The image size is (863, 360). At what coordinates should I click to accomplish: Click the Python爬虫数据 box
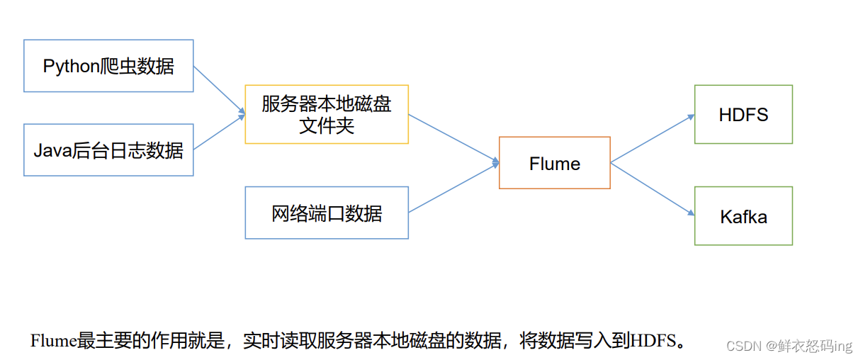(108, 66)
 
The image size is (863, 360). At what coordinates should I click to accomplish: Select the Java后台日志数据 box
(108, 150)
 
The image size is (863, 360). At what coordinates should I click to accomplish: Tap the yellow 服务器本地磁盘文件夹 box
(327, 114)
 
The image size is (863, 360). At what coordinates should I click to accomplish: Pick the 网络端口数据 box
(327, 213)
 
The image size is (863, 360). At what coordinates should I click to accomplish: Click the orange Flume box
(554, 163)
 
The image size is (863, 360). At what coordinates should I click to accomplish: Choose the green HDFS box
(743, 114)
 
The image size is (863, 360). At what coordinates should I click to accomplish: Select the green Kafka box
(743, 216)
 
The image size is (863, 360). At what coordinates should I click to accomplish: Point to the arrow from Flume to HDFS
(652, 138)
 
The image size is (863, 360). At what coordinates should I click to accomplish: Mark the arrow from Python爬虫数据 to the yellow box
(218, 89)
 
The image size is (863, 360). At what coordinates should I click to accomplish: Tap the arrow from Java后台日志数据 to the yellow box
(218, 132)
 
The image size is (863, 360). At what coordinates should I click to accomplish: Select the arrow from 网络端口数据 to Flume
(453, 189)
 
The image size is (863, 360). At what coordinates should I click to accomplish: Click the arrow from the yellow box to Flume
(453, 139)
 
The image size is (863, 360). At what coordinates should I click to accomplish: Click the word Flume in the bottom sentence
(54, 341)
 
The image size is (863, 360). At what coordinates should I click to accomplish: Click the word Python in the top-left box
(69, 67)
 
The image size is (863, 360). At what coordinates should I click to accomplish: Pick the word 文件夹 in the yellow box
(327, 126)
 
